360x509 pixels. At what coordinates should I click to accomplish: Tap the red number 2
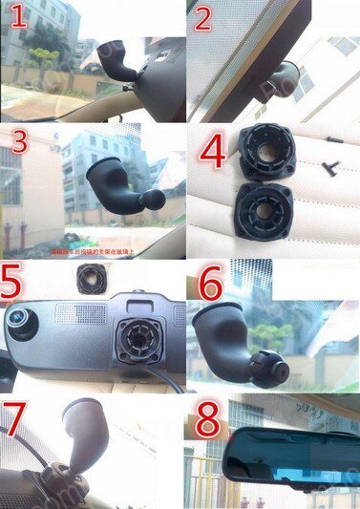[x=202, y=19]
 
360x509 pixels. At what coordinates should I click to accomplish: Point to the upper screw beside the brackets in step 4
[x=333, y=140]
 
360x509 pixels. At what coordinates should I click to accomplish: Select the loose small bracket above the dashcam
[x=91, y=280]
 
